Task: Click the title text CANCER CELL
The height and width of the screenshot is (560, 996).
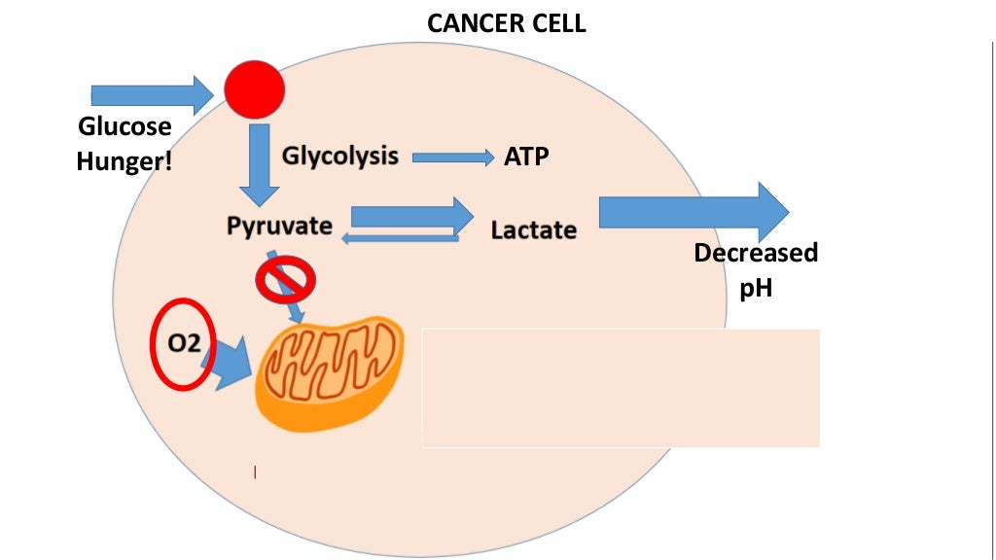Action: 507,23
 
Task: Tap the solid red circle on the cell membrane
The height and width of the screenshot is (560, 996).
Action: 255,89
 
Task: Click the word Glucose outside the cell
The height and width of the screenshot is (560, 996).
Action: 124,126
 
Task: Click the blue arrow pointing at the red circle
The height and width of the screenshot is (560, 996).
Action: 151,94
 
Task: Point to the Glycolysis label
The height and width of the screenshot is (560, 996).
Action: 340,156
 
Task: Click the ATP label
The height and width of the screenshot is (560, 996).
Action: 526,156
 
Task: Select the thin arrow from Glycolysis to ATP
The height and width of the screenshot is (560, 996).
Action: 453,157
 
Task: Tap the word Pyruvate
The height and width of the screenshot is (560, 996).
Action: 279,226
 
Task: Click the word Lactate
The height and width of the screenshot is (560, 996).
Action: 533,230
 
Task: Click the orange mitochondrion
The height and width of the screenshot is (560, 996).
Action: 331,372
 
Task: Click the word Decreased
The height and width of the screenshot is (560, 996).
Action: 756,254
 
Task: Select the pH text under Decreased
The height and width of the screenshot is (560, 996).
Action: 756,288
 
